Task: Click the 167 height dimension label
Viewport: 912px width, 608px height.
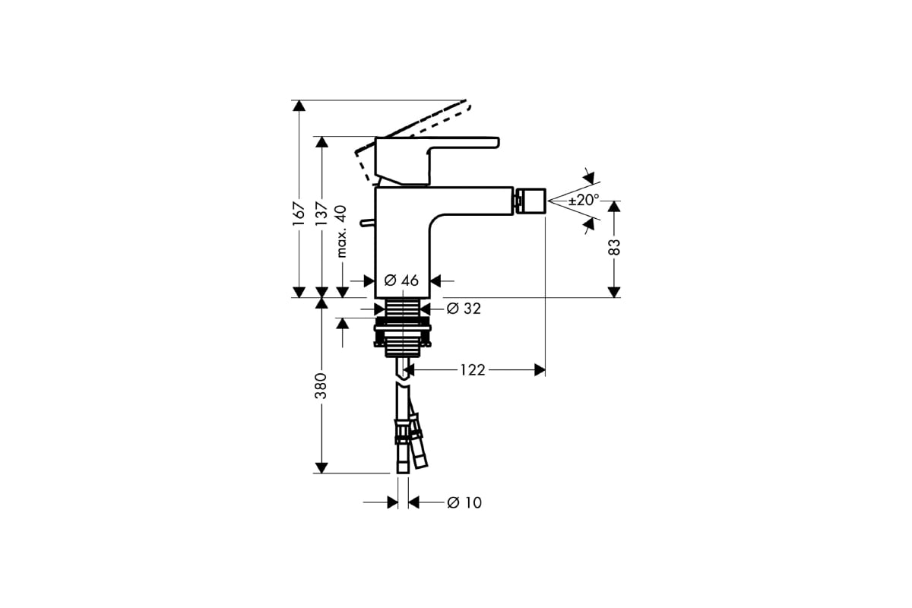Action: (x=299, y=214)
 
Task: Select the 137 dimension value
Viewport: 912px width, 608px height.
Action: (x=321, y=214)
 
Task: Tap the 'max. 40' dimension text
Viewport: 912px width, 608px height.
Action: (x=342, y=231)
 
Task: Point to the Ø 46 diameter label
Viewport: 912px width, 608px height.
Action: (x=401, y=280)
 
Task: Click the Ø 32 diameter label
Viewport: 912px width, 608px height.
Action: (x=464, y=309)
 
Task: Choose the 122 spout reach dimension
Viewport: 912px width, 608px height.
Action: (x=473, y=370)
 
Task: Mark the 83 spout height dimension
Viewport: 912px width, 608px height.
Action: (x=614, y=247)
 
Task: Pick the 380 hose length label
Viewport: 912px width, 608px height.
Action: (x=321, y=385)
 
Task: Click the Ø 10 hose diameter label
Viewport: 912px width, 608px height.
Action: (x=464, y=502)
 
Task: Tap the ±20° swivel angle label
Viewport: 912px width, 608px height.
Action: (x=584, y=200)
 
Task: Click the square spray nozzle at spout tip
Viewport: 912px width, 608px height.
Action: (x=532, y=201)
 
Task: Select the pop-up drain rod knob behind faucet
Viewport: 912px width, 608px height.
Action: (x=367, y=223)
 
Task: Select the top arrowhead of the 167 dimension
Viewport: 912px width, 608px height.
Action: (x=299, y=106)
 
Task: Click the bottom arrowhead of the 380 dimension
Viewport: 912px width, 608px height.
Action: (x=321, y=468)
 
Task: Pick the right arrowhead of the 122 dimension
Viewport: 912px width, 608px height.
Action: (x=540, y=370)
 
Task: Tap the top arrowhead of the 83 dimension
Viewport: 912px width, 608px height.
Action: (x=614, y=207)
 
